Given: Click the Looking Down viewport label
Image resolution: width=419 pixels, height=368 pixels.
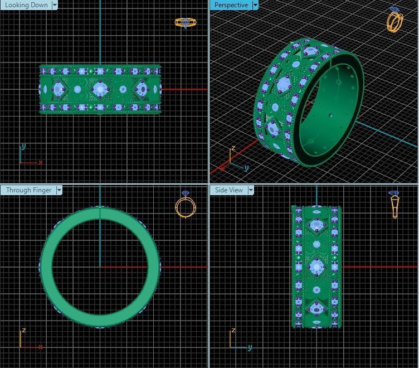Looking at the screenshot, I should pos(26,5).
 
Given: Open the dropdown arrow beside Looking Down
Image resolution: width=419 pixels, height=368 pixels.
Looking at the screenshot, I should pos(55,5).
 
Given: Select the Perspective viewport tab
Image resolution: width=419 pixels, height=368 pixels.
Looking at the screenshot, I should pos(231,5).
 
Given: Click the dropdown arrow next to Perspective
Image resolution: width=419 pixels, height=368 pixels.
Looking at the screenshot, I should pos(255,5).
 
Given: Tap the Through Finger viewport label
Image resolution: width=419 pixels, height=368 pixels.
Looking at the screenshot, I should pos(28,190).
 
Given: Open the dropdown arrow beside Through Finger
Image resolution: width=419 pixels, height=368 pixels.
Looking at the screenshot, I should pos(59,190).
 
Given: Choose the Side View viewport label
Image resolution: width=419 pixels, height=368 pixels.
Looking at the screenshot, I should pos(228,190).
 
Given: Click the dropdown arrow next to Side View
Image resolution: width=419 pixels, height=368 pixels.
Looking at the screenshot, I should pos(251,190).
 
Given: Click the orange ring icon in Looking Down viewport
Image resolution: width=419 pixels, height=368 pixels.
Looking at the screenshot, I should pos(186,22).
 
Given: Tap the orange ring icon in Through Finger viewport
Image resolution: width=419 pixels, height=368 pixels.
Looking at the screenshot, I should pos(186,205).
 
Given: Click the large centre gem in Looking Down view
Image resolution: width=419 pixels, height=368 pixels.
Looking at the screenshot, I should pos(100,89).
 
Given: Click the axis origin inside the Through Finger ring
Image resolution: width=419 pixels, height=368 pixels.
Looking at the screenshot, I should pos(100,267).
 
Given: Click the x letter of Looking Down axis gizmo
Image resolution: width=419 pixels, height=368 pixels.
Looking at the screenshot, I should pos(41,162).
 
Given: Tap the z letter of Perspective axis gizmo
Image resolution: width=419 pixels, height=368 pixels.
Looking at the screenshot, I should pos(233,148).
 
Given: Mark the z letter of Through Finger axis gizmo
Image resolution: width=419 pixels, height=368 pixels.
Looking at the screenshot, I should pos(23,331).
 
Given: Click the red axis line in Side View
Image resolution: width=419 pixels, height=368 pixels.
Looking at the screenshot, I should pos(379,267).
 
